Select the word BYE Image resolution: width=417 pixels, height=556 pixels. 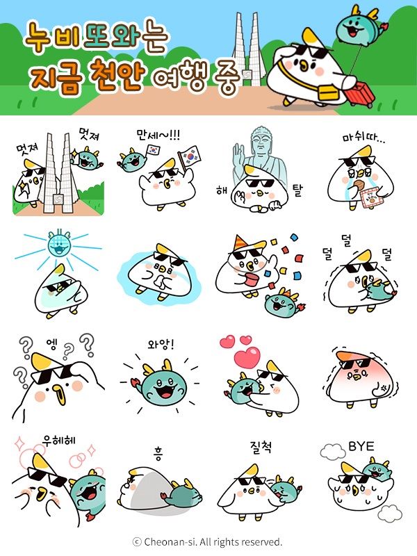click(x=361, y=445)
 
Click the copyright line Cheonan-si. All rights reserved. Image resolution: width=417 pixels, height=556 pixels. click(x=208, y=541)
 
